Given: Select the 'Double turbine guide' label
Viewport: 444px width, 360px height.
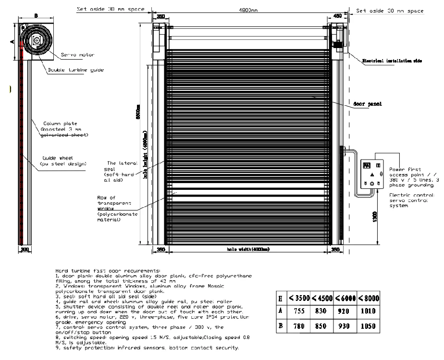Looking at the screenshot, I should (75, 70).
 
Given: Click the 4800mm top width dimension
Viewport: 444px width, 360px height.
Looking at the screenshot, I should (249, 10).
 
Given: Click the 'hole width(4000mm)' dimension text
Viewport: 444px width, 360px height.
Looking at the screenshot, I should (248, 249).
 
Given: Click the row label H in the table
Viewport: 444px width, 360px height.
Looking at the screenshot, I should (281, 298).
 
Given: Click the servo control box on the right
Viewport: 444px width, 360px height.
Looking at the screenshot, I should (372, 174).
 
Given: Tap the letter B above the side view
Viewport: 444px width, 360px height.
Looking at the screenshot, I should (36, 16).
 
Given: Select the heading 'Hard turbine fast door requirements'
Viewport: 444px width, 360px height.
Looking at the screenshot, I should (108, 272).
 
